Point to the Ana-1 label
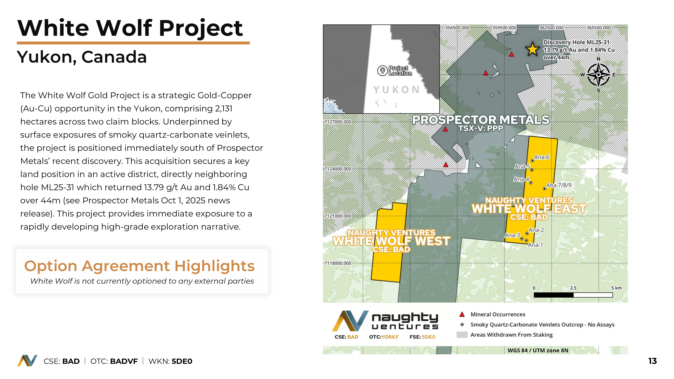(535, 245)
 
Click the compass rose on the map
(598, 75)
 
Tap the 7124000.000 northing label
(338, 169)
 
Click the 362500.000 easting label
(551, 28)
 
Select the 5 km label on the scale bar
(616, 288)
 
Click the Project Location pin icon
(382, 71)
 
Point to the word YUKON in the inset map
(396, 90)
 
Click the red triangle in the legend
(462, 314)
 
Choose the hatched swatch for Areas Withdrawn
(462, 335)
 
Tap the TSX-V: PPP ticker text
(481, 128)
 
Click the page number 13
(653, 361)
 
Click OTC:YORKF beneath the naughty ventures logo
(384, 337)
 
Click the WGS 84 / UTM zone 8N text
(538, 350)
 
